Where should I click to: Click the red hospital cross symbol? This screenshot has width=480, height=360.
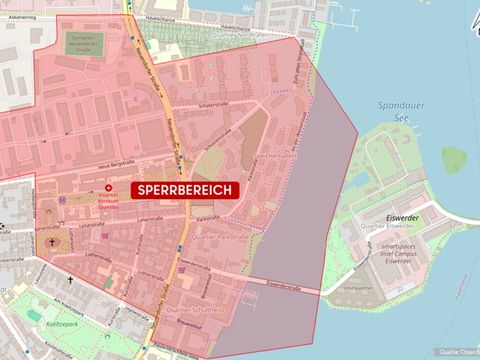[109, 188]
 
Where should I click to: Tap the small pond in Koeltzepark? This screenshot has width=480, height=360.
[36, 316]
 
